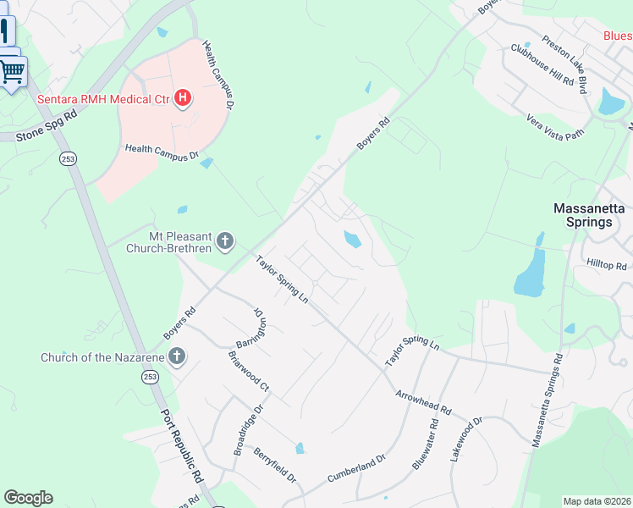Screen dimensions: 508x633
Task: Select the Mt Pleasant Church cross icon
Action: [x=225, y=242]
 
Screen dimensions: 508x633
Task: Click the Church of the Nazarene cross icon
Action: [x=177, y=356]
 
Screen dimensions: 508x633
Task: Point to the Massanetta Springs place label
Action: [x=582, y=215]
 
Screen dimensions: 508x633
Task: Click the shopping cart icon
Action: [x=12, y=72]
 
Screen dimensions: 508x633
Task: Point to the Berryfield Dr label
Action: [x=274, y=465]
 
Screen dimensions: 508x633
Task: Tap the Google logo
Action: [x=29, y=498]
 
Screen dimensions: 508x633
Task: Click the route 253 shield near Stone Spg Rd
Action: [x=67, y=158]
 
